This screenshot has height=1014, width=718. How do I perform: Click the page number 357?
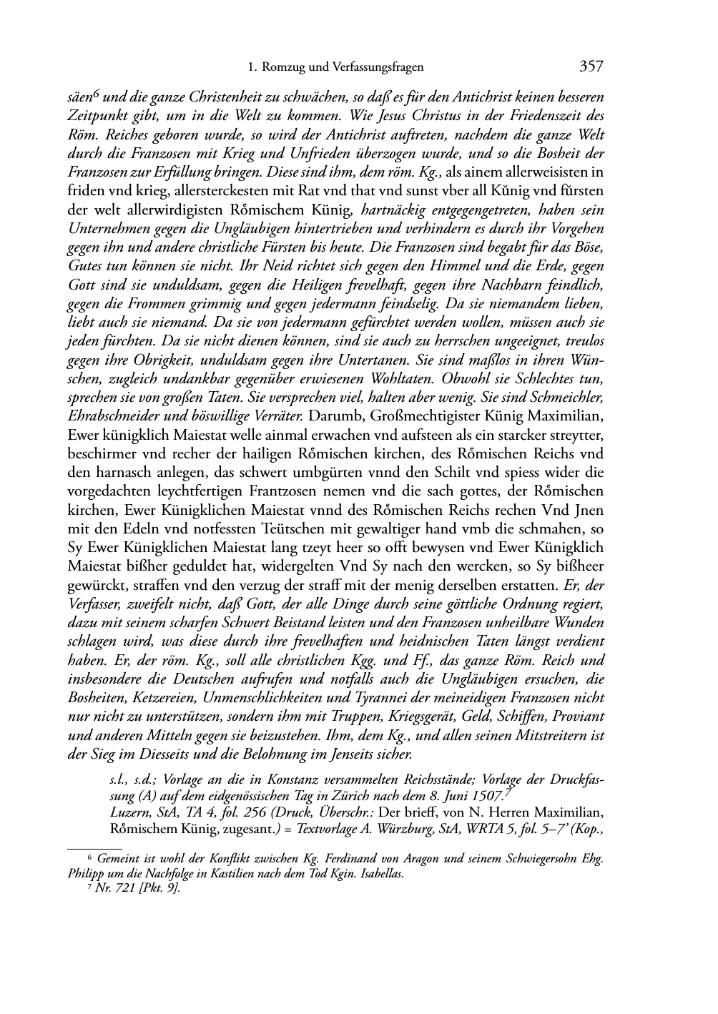click(x=591, y=67)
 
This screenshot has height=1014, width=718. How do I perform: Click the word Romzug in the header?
click(x=284, y=67)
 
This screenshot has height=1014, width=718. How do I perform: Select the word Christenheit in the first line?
click(x=217, y=97)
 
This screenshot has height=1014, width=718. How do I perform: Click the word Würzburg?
click(x=410, y=831)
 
